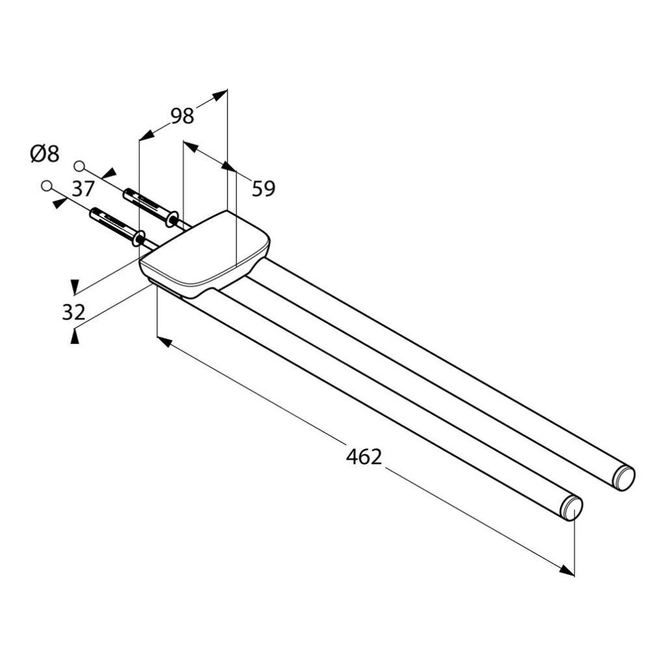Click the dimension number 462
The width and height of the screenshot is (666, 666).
coord(364,457)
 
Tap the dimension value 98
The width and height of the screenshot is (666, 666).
coord(182,116)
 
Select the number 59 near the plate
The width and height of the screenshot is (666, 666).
coord(263,189)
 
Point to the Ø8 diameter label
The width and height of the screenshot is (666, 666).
coord(44,154)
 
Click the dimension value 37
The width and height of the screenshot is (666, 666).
coord(83,189)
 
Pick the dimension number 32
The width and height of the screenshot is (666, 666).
coord(73,312)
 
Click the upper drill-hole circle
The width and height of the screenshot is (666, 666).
coord(80,165)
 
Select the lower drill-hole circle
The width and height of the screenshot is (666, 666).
coord(46,186)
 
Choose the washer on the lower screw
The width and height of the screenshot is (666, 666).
coord(138,238)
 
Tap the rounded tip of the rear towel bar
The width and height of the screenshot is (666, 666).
coord(624,478)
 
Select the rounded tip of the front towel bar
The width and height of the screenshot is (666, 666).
coord(572,508)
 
